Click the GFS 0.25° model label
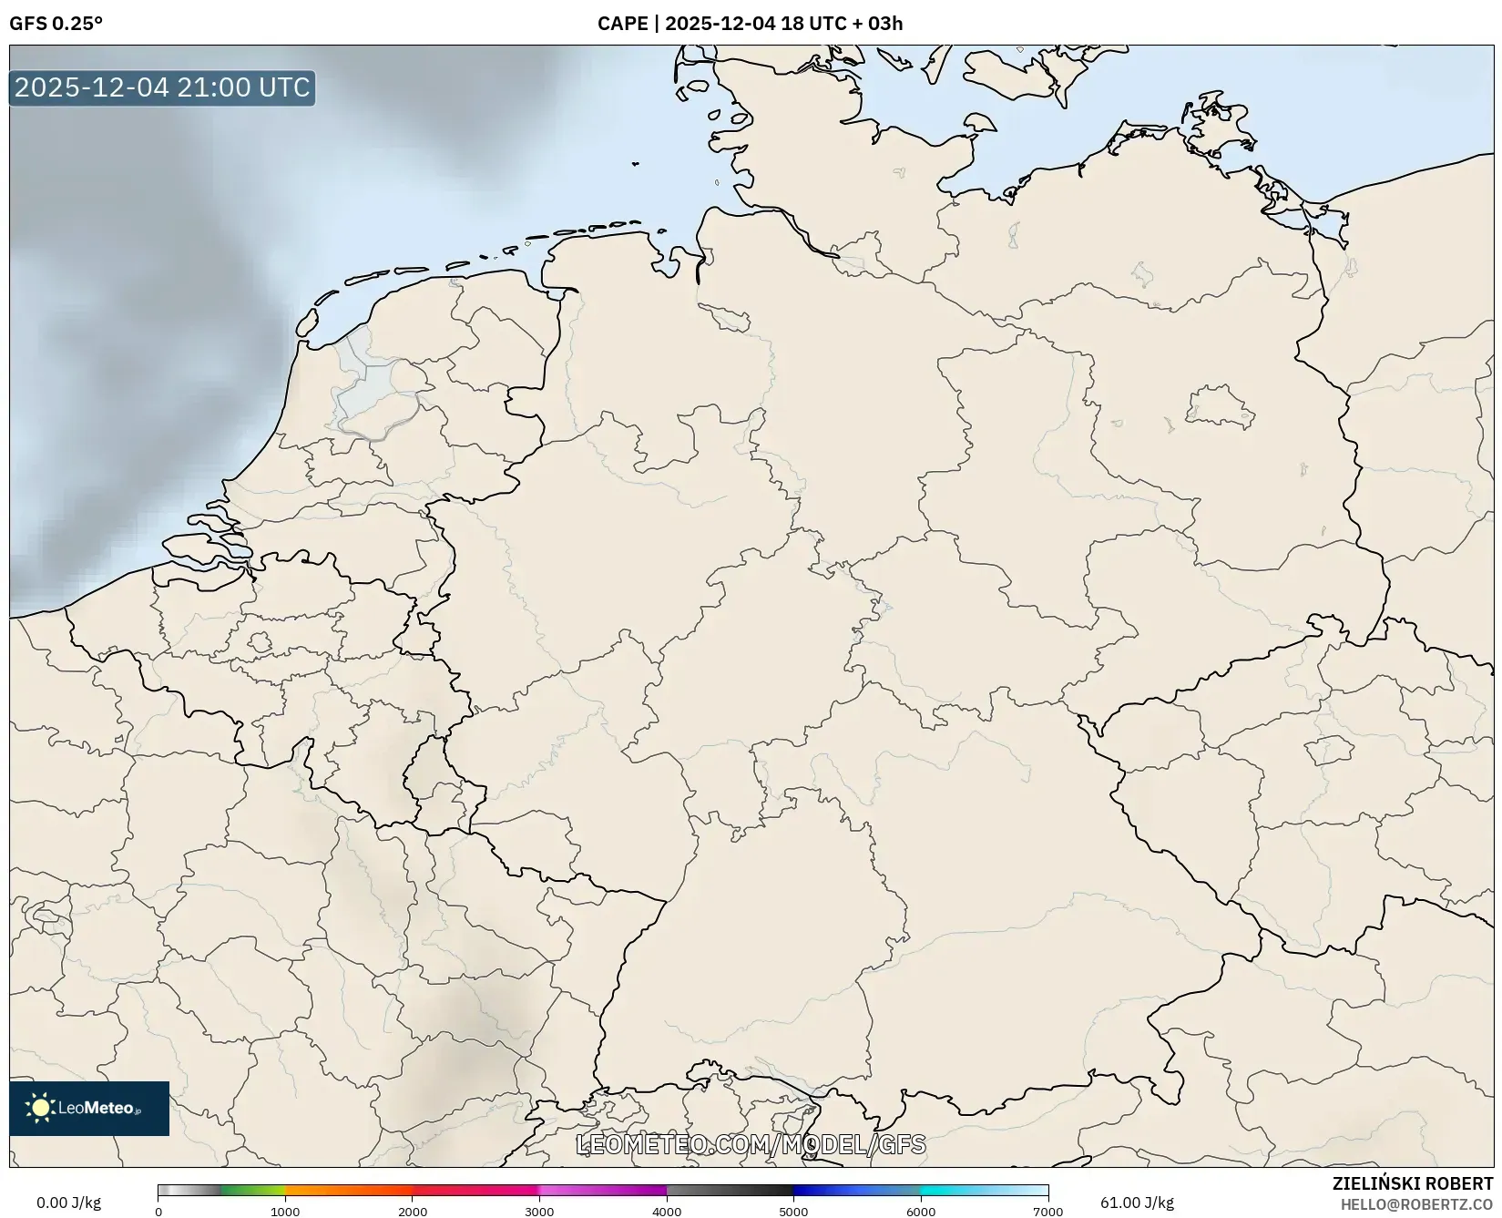[x=56, y=24]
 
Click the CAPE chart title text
[x=750, y=24]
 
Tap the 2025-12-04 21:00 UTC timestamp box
[x=162, y=87]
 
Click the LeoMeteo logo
[x=89, y=1108]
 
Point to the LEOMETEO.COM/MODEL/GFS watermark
[x=751, y=1144]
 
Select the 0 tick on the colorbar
[x=158, y=1212]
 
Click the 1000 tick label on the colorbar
[x=285, y=1212]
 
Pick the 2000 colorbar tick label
[x=413, y=1212]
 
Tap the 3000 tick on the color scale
[x=539, y=1212]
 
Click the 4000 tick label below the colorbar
[x=667, y=1212]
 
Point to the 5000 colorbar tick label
[x=793, y=1212]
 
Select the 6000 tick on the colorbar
[x=921, y=1212]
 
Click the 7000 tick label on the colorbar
[x=1047, y=1212]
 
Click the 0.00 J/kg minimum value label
[x=68, y=1203]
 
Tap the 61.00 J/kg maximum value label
[x=1137, y=1203]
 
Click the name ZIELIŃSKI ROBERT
[x=1413, y=1183]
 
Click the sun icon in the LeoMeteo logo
[x=40, y=1108]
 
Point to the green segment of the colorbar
[x=250, y=1190]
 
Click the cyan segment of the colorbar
[x=956, y=1190]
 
